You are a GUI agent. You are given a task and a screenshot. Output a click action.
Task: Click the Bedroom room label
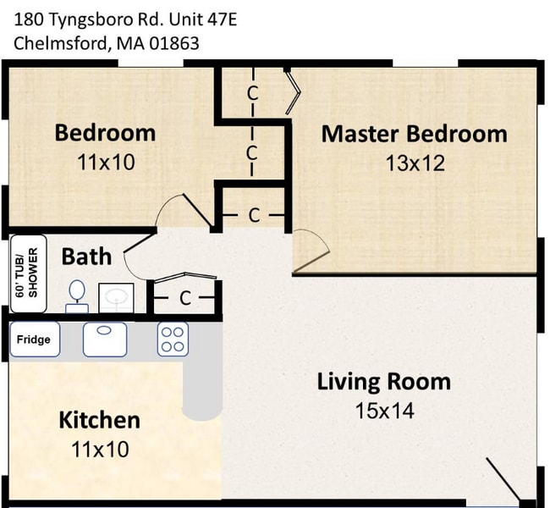tap(105, 133)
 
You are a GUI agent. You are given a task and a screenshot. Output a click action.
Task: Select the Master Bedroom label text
tap(414, 134)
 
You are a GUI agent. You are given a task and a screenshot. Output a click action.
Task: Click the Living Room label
tap(383, 381)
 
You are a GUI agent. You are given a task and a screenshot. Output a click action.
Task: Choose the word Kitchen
tap(99, 420)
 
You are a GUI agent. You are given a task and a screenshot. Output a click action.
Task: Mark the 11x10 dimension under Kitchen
tap(99, 449)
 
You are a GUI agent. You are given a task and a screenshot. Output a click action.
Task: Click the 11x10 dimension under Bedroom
tap(106, 162)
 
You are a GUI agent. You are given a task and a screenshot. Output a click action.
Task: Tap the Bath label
tap(86, 256)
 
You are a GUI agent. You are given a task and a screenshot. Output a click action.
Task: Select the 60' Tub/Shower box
tap(27, 273)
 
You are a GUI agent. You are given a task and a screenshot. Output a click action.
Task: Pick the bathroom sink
tap(116, 297)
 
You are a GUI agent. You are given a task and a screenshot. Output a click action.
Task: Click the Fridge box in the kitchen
tap(35, 340)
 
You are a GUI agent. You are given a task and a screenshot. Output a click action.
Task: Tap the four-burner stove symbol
tap(173, 339)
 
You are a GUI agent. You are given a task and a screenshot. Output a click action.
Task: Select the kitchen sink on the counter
tap(105, 339)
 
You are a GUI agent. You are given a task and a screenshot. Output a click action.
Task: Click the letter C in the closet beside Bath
tap(184, 298)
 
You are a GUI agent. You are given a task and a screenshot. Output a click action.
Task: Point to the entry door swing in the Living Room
tap(504, 481)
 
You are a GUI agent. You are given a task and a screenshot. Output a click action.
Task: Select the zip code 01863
tap(173, 43)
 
